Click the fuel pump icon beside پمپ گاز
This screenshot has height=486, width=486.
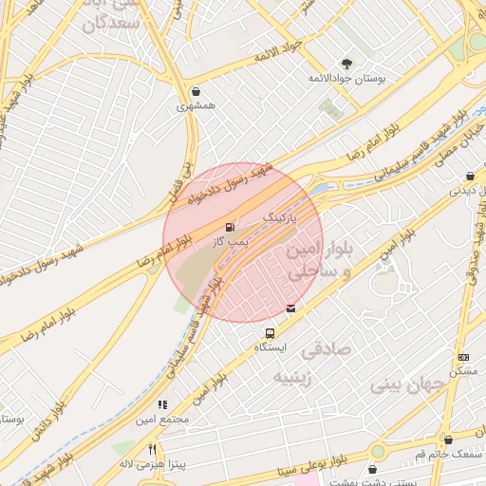(x=230, y=227)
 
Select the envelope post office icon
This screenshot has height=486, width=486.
(x=290, y=308)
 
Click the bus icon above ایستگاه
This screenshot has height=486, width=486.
(x=271, y=334)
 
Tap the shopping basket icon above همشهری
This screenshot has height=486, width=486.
(x=196, y=93)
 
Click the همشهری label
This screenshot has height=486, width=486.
(x=196, y=108)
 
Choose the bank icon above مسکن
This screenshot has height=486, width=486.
(x=464, y=357)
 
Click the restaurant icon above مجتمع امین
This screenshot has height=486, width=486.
(x=163, y=404)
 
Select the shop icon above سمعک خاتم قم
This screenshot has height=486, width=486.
(x=448, y=439)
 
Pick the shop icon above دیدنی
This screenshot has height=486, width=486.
(x=471, y=176)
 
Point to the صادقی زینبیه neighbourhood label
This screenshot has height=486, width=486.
(x=313, y=364)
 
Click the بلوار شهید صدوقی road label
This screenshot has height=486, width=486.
(x=473, y=257)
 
